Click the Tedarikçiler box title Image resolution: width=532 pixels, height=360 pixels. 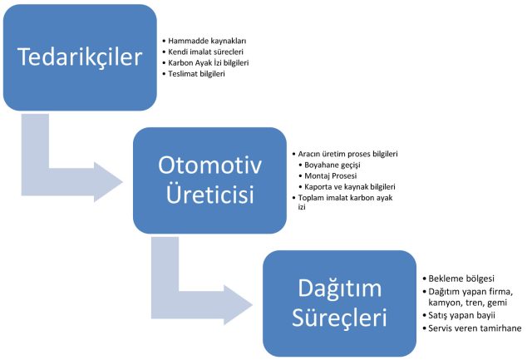pyautogui.click(x=80, y=57)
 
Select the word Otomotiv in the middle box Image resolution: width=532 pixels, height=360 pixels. pyautogui.click(x=209, y=165)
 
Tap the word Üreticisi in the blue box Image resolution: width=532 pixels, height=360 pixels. pyautogui.click(x=209, y=194)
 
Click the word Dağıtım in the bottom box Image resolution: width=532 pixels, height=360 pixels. pyautogui.click(x=340, y=288)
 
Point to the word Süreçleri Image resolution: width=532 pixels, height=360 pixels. pyautogui.click(x=339, y=318)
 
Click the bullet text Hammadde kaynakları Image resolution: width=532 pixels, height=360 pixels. pyautogui.click(x=207, y=41)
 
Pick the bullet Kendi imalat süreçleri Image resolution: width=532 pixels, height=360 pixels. pyautogui.click(x=205, y=52)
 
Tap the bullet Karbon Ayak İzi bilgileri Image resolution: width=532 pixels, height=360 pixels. pyautogui.click(x=209, y=63)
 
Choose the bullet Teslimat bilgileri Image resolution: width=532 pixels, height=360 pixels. pyautogui.click(x=196, y=74)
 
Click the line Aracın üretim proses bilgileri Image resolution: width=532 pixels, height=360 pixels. pyautogui.click(x=347, y=154)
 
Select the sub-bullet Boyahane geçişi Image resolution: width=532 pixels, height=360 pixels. pyautogui.click(x=332, y=165)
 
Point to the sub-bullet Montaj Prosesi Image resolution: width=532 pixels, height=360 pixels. pyautogui.click(x=331, y=175)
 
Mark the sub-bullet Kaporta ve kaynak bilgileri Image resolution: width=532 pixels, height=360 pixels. pyautogui.click(x=350, y=186)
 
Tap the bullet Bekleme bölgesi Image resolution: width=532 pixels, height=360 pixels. pyautogui.click(x=461, y=279)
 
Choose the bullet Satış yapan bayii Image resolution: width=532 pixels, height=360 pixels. pyautogui.click(x=461, y=315)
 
